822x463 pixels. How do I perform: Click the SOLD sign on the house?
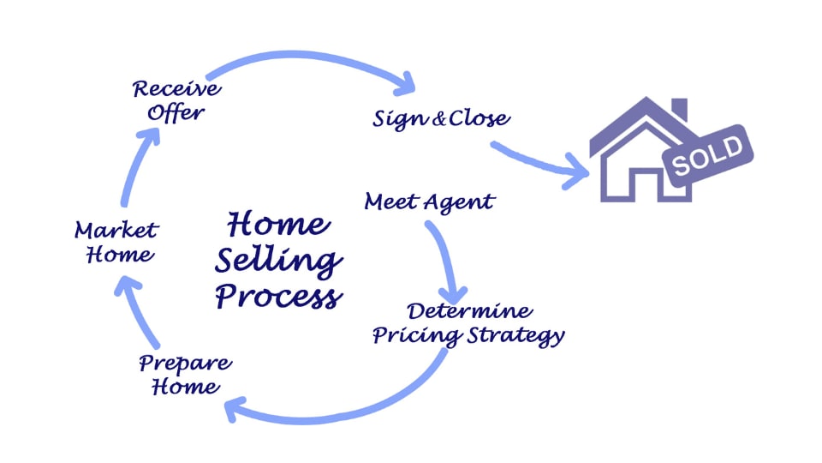(x=707, y=153)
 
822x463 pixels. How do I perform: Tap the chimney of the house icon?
(x=678, y=111)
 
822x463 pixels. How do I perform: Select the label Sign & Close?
(x=441, y=118)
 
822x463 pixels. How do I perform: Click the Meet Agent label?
(x=429, y=202)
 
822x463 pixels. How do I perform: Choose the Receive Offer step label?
(x=176, y=100)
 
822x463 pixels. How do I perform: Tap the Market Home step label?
(x=115, y=242)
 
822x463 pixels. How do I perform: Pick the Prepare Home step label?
(x=184, y=374)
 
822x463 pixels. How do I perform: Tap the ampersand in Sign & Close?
(x=438, y=119)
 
